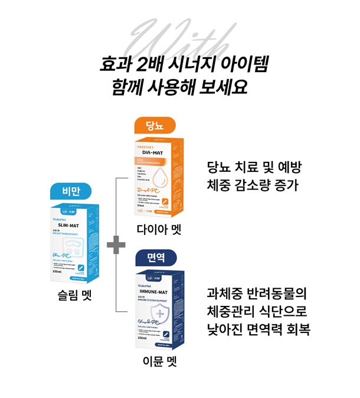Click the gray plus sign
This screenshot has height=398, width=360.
[116, 243]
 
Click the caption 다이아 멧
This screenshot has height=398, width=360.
[158, 229]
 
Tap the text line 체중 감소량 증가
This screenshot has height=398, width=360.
[253, 185]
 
